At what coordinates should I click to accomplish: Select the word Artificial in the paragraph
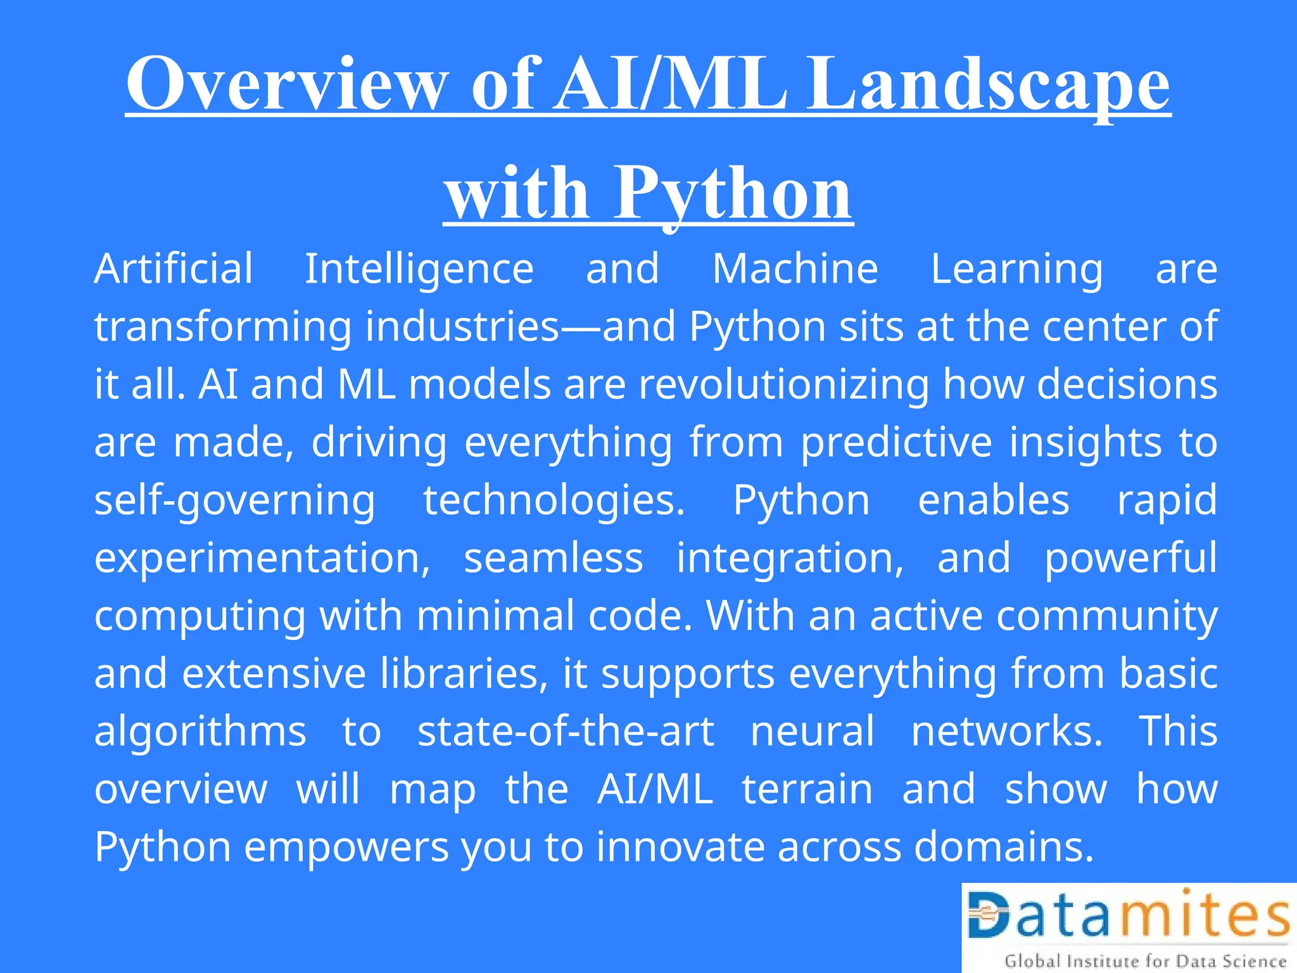point(174,269)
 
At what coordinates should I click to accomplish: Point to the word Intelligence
point(419,270)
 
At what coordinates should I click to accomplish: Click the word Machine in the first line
point(795,269)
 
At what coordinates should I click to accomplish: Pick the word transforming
point(222,328)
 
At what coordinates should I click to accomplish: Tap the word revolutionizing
point(783,385)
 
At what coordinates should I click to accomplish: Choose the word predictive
point(896,443)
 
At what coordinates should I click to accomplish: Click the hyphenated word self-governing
point(235,501)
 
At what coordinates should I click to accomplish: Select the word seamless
point(554,559)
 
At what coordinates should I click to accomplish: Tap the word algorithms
point(200,732)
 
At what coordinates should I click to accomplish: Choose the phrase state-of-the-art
point(566,732)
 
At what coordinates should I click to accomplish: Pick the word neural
point(813,732)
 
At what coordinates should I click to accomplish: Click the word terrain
point(807,789)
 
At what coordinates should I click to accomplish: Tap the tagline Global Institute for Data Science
point(1145,961)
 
